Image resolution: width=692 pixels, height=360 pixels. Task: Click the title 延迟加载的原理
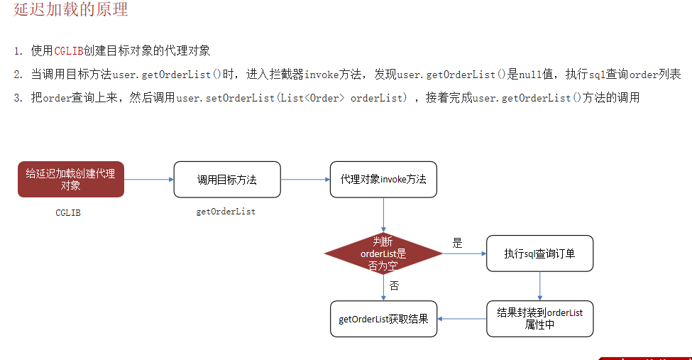71,11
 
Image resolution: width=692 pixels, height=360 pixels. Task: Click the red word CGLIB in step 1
69,51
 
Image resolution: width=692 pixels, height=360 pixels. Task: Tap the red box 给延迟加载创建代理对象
71,179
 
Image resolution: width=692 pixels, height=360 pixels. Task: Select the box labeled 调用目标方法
227,180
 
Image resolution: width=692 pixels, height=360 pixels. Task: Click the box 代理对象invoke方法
383,180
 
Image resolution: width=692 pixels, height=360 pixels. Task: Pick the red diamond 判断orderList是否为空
383,253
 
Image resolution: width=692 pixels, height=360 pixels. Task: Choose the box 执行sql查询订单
539,253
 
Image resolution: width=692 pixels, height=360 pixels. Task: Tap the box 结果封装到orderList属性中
539,319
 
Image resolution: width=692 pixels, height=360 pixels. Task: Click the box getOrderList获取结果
383,319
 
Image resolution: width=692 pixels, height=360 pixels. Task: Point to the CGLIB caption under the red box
68,212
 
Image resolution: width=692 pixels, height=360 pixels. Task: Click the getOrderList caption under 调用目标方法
226,212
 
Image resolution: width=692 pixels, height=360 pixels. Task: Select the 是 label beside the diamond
457,243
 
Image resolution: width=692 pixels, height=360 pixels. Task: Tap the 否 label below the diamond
395,285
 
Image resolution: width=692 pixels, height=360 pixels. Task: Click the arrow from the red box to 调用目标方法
149,180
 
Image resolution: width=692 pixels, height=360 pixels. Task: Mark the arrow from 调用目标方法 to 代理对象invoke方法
305,180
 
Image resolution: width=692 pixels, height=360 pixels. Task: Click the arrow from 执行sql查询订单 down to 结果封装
539,285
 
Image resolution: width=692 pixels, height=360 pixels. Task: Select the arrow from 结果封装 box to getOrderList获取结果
461,319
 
